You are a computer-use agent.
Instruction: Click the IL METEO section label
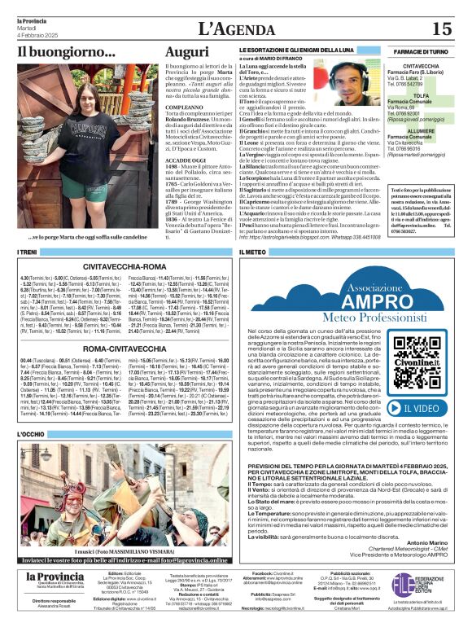254,253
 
